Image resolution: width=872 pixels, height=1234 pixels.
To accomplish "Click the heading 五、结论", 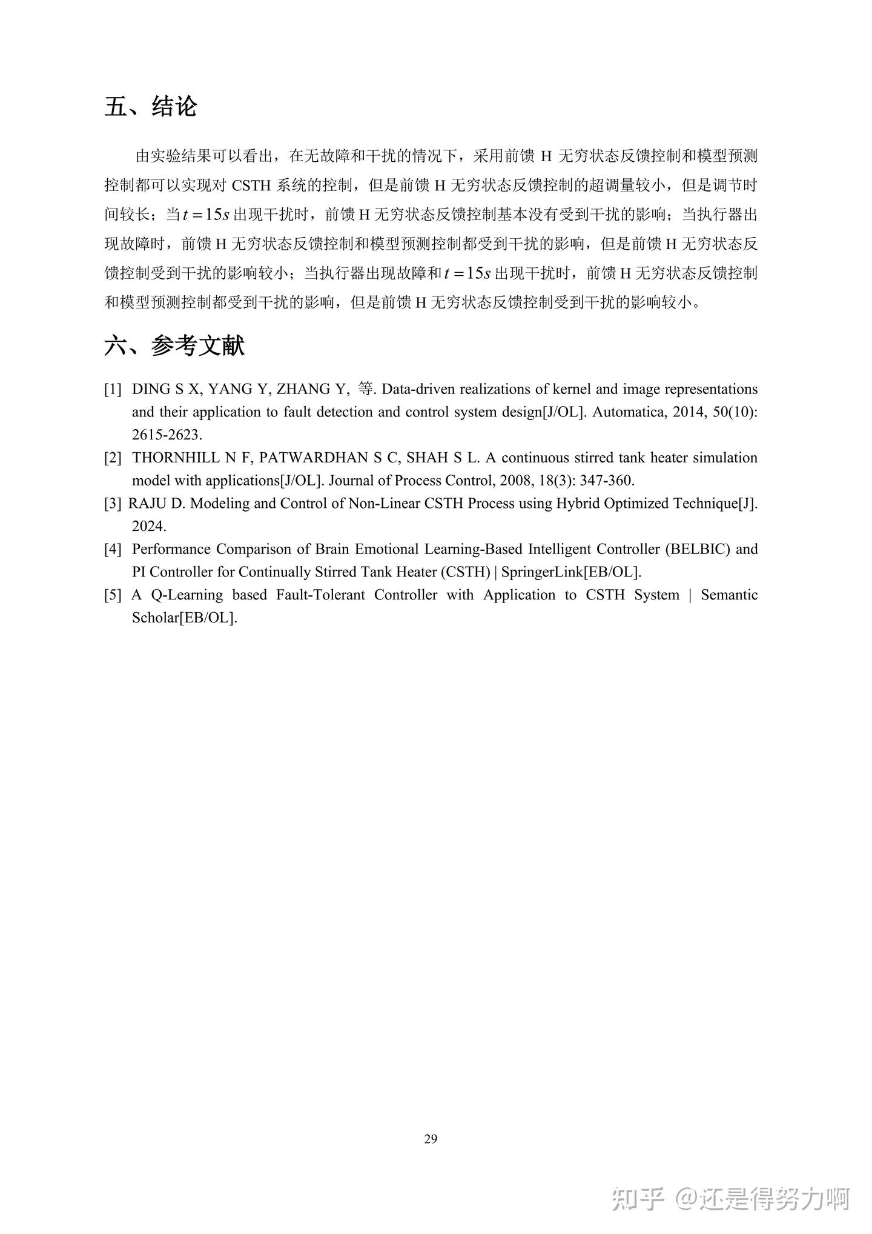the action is coord(151,107).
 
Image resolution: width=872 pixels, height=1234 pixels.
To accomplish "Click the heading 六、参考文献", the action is coord(174,346).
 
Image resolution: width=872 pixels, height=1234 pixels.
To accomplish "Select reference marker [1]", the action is coord(113,389).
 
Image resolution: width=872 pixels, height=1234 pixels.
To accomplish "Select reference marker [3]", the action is coord(113,504).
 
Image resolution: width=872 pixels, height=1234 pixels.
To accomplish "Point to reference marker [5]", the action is coord(113,595).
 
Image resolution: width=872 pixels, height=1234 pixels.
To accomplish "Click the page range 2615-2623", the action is coord(167,435).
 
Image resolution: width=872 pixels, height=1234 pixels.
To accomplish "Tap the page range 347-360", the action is coord(607,481).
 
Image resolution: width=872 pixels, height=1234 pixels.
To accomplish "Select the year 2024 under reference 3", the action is coord(148,526).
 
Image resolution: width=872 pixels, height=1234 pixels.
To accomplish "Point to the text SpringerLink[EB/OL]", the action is coord(571,572).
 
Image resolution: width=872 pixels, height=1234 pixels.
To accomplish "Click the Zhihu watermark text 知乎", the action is coord(638,1198).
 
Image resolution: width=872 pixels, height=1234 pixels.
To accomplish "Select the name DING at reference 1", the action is coord(152,389).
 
